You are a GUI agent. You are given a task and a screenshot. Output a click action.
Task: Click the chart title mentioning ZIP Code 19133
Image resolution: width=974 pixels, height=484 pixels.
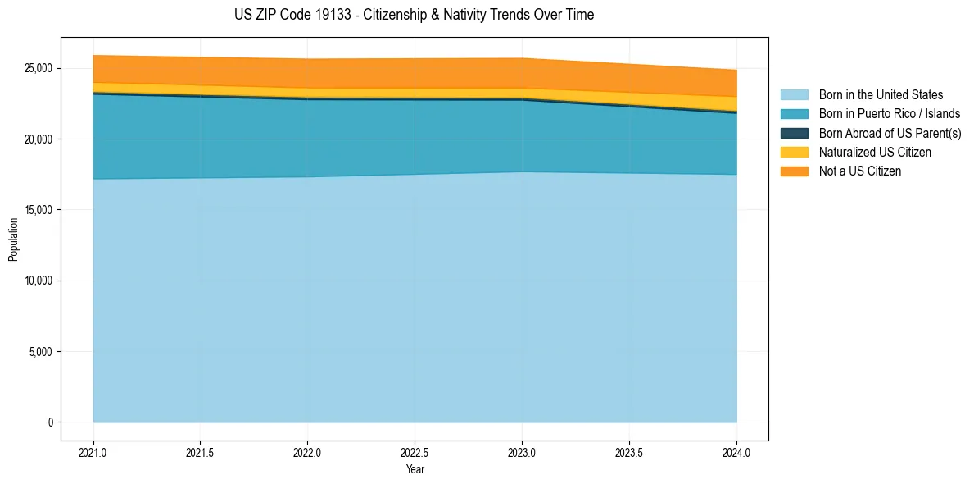(x=414, y=15)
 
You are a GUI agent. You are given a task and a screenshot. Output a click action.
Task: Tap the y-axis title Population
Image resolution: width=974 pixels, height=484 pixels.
(x=13, y=240)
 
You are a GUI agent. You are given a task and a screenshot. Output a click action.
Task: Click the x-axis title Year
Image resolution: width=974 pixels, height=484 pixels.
(x=415, y=469)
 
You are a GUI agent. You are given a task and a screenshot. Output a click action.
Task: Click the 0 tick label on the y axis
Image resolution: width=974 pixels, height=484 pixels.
(x=50, y=422)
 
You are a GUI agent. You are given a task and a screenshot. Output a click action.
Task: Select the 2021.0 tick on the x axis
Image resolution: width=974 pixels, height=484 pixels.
(x=93, y=452)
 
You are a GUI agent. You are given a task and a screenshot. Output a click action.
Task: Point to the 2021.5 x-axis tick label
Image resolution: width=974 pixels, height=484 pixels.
(x=200, y=452)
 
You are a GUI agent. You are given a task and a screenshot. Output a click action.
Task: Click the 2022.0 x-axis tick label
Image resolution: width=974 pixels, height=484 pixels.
(x=307, y=452)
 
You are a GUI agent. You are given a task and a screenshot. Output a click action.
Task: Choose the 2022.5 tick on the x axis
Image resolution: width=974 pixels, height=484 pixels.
(x=415, y=452)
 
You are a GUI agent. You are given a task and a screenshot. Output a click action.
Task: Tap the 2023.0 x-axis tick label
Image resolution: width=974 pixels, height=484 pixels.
(x=522, y=452)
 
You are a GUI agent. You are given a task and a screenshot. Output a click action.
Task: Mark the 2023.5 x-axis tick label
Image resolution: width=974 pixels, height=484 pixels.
(x=629, y=452)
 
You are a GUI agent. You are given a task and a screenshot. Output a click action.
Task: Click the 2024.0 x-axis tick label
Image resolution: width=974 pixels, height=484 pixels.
(x=736, y=452)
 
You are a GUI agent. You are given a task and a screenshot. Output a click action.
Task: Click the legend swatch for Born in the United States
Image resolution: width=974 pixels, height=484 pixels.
(x=794, y=95)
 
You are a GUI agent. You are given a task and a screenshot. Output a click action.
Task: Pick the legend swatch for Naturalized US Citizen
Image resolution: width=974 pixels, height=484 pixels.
(x=794, y=153)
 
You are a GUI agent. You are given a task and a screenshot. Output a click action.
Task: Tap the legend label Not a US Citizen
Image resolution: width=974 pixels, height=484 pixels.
(x=859, y=171)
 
